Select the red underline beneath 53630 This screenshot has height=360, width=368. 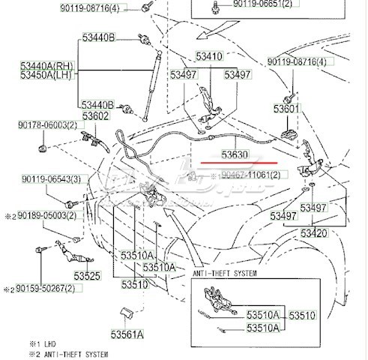coord(235,163)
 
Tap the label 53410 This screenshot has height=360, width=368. coord(209,57)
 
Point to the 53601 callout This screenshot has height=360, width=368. coord(286,109)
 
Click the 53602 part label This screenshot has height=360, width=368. coord(95,116)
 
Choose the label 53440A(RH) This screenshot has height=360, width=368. coord(46,66)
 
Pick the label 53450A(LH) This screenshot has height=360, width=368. coord(46,76)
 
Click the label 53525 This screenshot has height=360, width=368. coord(86,277)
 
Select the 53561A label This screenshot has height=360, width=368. coord(129,334)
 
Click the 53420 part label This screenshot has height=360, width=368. coord(315,234)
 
